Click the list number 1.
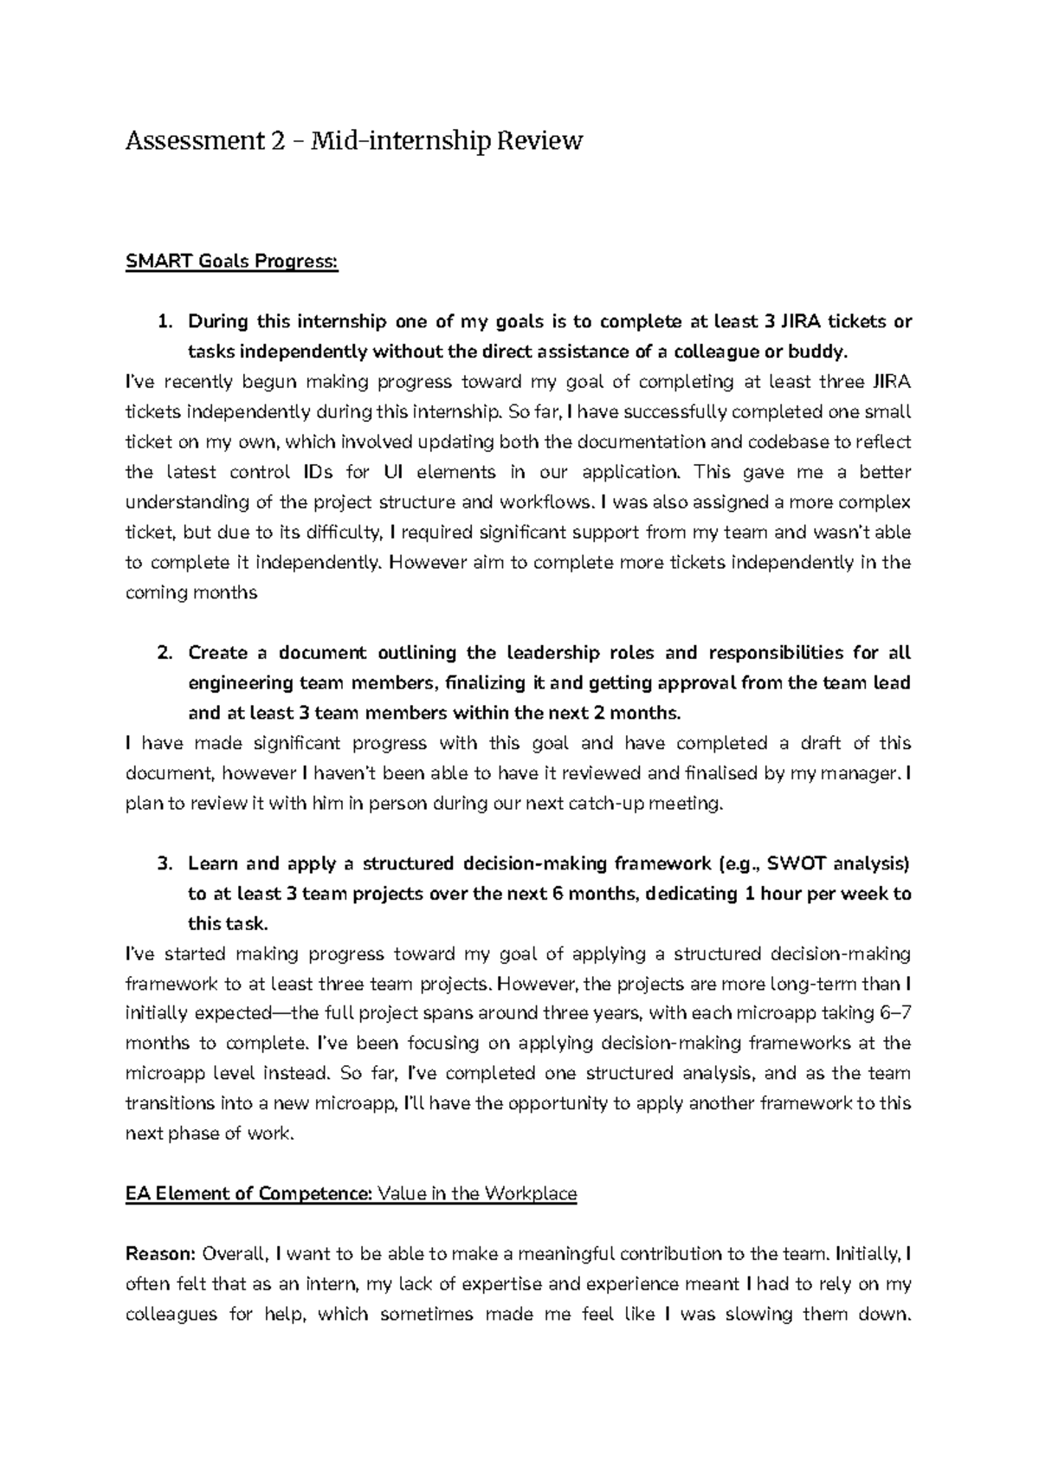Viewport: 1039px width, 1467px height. tap(164, 322)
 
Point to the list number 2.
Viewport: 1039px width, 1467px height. tap(164, 653)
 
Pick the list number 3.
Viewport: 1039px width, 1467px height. tap(164, 863)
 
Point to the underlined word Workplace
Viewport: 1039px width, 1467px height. tap(531, 1193)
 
